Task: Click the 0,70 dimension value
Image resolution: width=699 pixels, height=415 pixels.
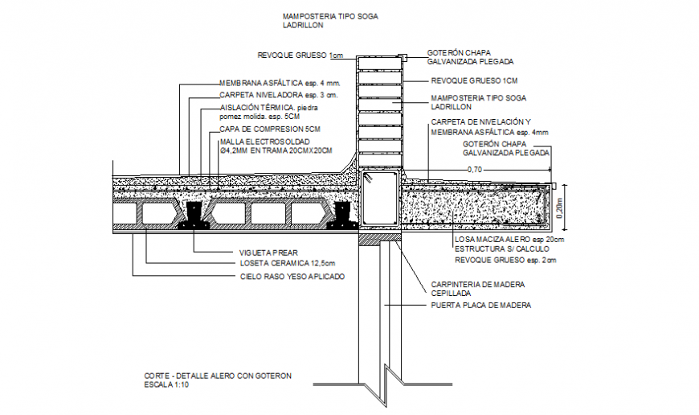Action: pyautogui.click(x=476, y=170)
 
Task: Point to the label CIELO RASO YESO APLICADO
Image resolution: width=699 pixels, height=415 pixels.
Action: pyautogui.click(x=292, y=276)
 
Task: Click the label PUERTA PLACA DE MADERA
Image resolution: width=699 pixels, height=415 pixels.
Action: pyautogui.click(x=481, y=306)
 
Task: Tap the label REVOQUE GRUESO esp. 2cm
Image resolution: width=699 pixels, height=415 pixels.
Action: pyautogui.click(x=505, y=261)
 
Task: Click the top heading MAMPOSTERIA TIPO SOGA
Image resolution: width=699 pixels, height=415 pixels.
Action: pyautogui.click(x=330, y=16)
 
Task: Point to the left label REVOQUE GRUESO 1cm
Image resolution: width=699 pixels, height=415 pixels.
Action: pyautogui.click(x=300, y=55)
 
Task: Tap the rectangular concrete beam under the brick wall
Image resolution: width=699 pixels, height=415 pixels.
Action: pyautogui.click(x=379, y=198)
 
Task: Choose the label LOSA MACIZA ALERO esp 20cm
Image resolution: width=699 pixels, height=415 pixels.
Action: pyautogui.click(x=509, y=240)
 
